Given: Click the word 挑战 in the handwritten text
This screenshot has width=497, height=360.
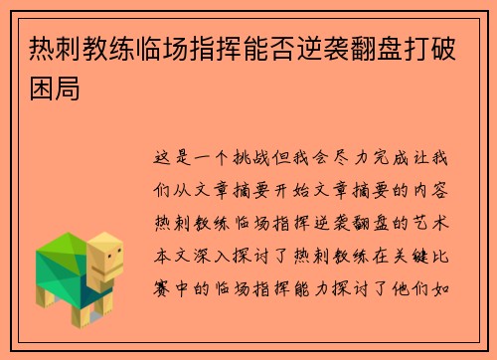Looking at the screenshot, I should [266, 157].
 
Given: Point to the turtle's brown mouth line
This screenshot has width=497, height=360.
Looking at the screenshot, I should [113, 270].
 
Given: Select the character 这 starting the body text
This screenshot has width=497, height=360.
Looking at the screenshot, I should [166, 157].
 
